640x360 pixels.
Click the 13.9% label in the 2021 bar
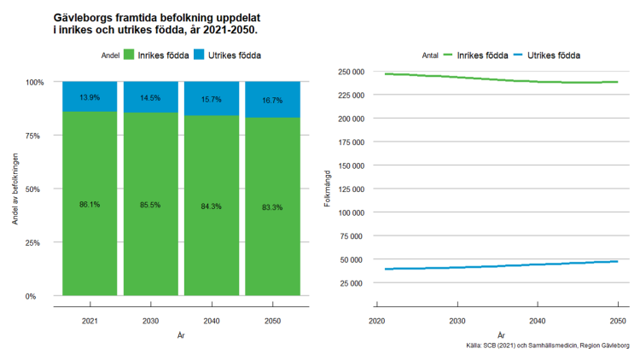90,98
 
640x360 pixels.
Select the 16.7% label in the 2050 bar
271,100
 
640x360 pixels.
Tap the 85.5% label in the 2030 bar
150,205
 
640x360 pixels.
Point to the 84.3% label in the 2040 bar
211,205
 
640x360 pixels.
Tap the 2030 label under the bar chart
150,321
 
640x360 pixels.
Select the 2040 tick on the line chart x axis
538,321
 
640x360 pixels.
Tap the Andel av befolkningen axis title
15,188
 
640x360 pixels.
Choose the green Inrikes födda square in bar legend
131,55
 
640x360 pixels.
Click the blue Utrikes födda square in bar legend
200,55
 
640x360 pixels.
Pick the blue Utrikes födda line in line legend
517,55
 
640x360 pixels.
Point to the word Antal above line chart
431,55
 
